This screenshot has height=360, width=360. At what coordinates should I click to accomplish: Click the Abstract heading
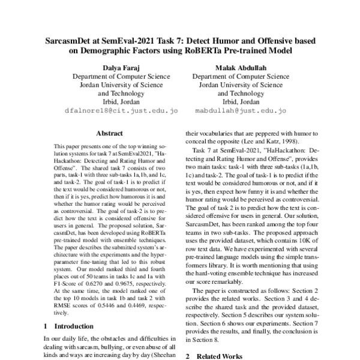[x=109, y=133]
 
